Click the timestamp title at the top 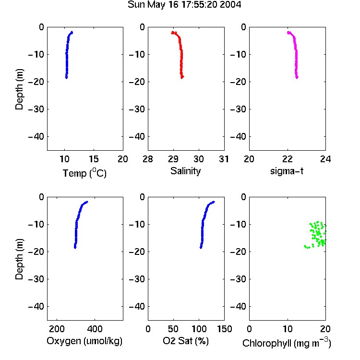[x=184, y=5]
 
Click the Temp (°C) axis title [x=84, y=173]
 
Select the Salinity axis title [x=185, y=171]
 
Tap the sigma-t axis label [x=287, y=171]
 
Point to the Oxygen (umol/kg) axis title [x=84, y=341]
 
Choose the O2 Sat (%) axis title [x=186, y=341]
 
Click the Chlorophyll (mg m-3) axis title [x=287, y=343]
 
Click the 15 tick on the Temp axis [x=94, y=159]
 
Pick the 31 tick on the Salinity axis [x=224, y=159]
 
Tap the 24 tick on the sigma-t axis [x=325, y=159]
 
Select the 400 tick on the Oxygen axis [x=95, y=329]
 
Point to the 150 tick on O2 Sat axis [x=224, y=329]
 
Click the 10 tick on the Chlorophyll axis [x=288, y=329]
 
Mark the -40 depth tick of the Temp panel [x=36, y=137]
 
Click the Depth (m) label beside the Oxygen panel [x=19, y=259]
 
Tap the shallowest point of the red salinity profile [x=173, y=33]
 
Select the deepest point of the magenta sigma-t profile [x=297, y=77]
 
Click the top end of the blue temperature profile [x=72, y=32]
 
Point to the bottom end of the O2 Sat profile [x=201, y=247]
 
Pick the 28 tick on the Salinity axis [x=148, y=159]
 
